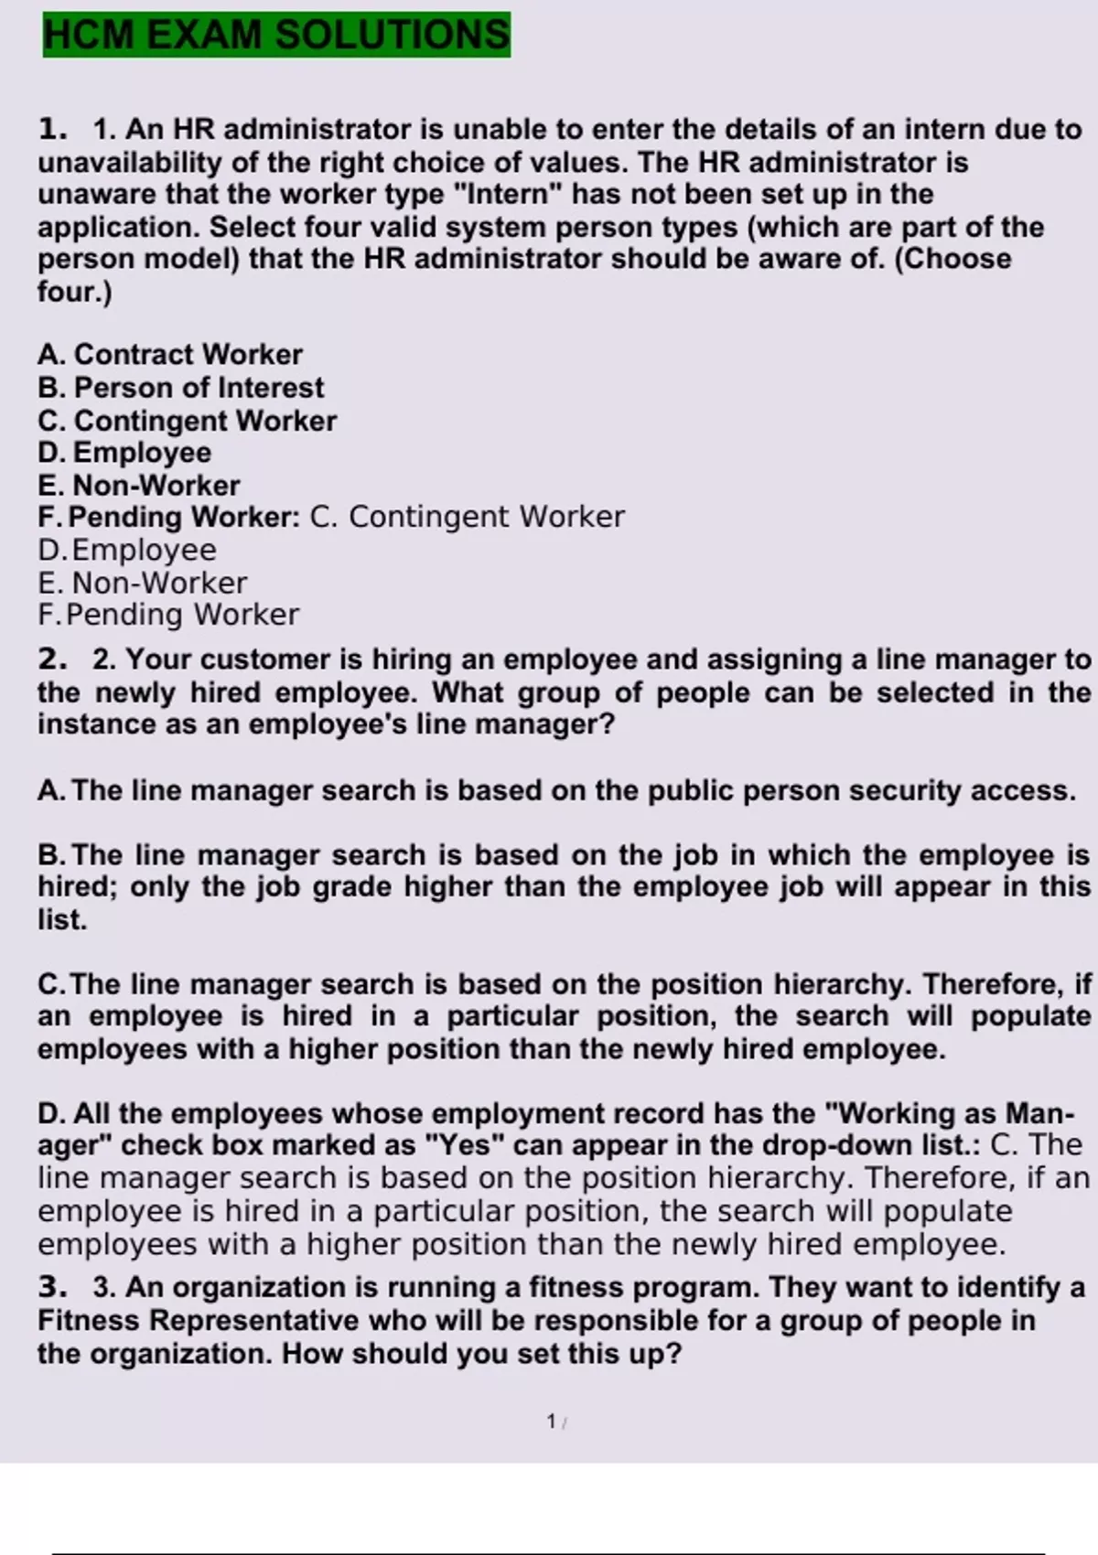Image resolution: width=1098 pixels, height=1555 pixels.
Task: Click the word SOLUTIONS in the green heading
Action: (x=393, y=35)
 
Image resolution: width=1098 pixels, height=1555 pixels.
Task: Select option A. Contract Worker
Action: (x=170, y=355)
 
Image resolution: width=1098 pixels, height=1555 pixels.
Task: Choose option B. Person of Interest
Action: (x=180, y=388)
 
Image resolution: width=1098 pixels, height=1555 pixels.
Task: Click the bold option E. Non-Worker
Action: (x=139, y=486)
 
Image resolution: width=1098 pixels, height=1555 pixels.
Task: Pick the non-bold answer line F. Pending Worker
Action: (x=168, y=615)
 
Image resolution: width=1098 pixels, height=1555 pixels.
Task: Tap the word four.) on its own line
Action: (x=74, y=292)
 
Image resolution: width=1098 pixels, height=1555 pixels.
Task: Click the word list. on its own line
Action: (x=62, y=920)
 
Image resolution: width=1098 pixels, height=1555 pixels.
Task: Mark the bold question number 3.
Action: (x=51, y=1288)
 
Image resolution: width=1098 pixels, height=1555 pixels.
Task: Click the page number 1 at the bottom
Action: (x=551, y=1421)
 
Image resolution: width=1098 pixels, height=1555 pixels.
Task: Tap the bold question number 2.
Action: (x=51, y=660)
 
